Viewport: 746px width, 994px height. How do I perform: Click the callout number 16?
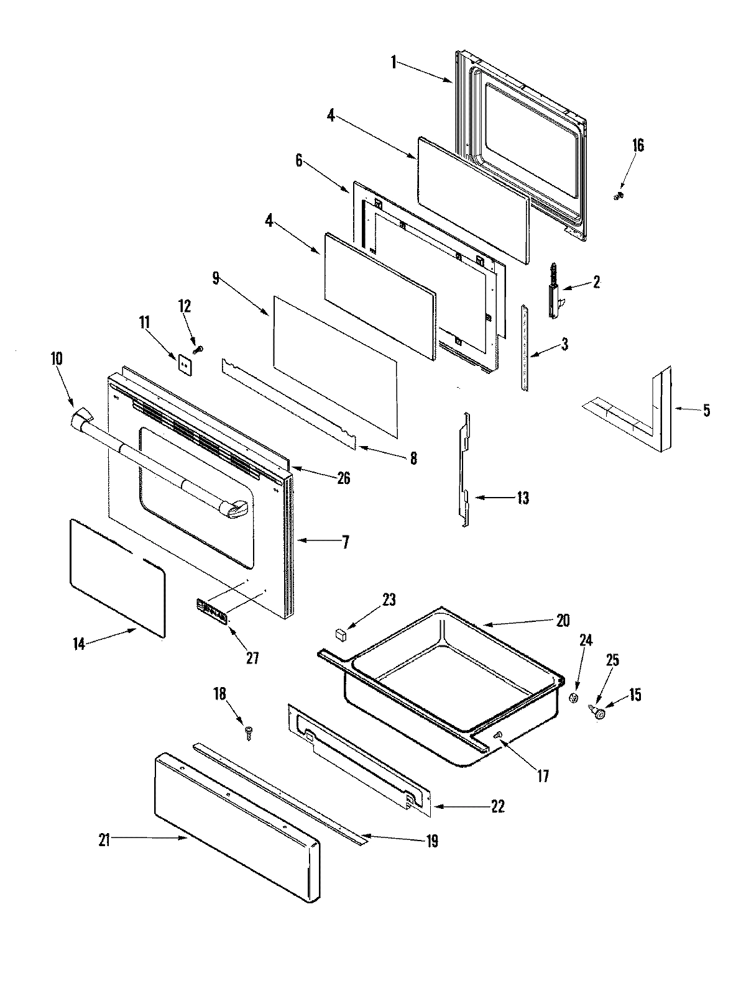pos(638,145)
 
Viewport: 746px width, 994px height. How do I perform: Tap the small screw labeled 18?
pos(249,733)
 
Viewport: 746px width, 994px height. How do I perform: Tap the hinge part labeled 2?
pos(555,291)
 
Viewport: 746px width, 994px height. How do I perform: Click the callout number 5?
pos(706,411)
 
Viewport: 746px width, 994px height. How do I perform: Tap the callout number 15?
pos(635,695)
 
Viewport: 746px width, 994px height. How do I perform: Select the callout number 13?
pos(523,498)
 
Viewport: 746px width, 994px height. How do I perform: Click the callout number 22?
pos(497,806)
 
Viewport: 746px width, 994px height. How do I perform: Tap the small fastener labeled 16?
pos(619,196)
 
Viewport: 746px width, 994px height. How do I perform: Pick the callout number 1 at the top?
pos(394,62)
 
